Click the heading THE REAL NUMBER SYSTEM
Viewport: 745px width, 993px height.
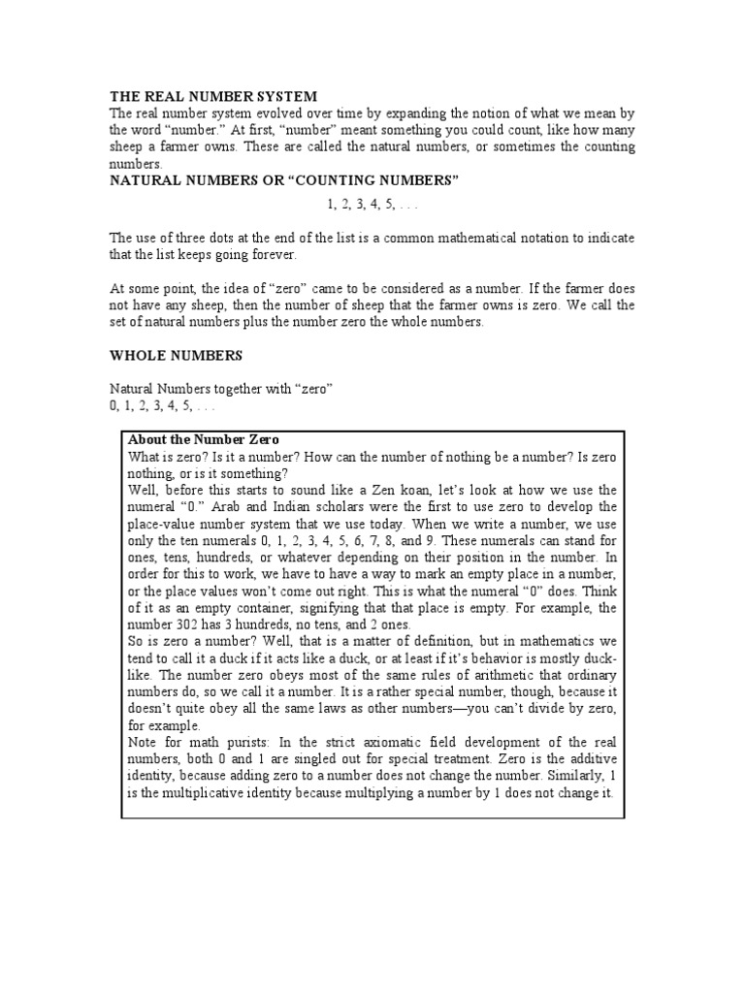tap(212, 97)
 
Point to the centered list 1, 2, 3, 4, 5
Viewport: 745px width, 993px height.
tap(372, 205)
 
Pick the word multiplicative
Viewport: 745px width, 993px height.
tap(192, 792)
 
